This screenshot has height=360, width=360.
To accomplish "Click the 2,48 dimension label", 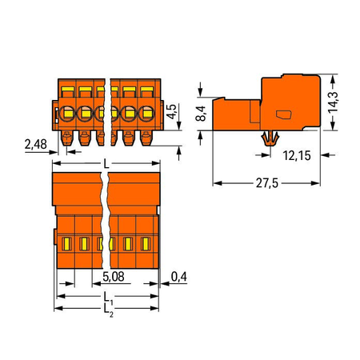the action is pos(35,144).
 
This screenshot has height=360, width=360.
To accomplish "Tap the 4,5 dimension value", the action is pos(171,112).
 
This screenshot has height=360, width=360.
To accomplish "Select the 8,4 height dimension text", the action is pos(201,114).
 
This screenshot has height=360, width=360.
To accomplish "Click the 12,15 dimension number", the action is pos(297,155).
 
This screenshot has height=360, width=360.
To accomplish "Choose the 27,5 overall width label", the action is pos(267,183).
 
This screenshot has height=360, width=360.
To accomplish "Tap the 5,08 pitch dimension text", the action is pos(114,277).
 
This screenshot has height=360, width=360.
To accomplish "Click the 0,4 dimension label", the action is pos(179,277).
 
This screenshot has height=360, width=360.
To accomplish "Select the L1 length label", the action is pos(108,298).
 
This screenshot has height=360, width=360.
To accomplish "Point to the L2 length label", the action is pos(108,310).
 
